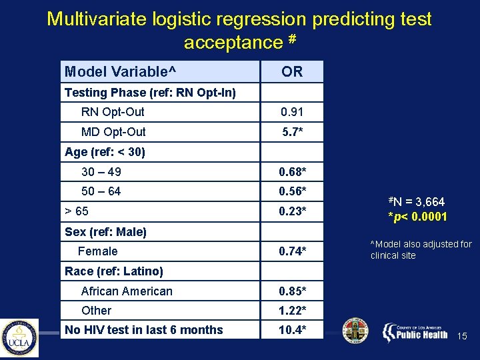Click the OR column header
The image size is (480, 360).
pyautogui.click(x=292, y=72)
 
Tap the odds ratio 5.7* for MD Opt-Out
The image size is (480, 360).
pyautogui.click(x=292, y=132)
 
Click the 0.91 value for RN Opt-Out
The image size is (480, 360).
pyautogui.click(x=292, y=112)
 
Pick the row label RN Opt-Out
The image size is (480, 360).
pyautogui.click(x=113, y=112)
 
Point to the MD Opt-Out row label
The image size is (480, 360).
pyautogui.click(x=113, y=132)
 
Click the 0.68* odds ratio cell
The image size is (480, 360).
pyautogui.click(x=292, y=172)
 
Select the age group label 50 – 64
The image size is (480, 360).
pyautogui.click(x=101, y=191)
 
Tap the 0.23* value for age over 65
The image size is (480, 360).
pyautogui.click(x=292, y=211)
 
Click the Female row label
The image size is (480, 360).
pyautogui.click(x=97, y=251)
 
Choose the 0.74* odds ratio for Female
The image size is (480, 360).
pyautogui.click(x=292, y=251)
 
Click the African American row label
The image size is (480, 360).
pyautogui.click(x=127, y=291)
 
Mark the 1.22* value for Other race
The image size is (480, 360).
pyautogui.click(x=292, y=311)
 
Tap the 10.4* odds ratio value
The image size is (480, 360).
pyautogui.click(x=292, y=330)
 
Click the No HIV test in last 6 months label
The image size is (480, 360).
pyautogui.click(x=144, y=330)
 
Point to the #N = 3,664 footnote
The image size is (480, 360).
pyautogui.click(x=417, y=202)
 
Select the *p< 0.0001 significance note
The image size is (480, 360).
pyautogui.click(x=418, y=217)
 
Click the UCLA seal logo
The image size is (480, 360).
pyautogui.click(x=19, y=338)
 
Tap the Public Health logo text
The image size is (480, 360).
pyautogui.click(x=421, y=334)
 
